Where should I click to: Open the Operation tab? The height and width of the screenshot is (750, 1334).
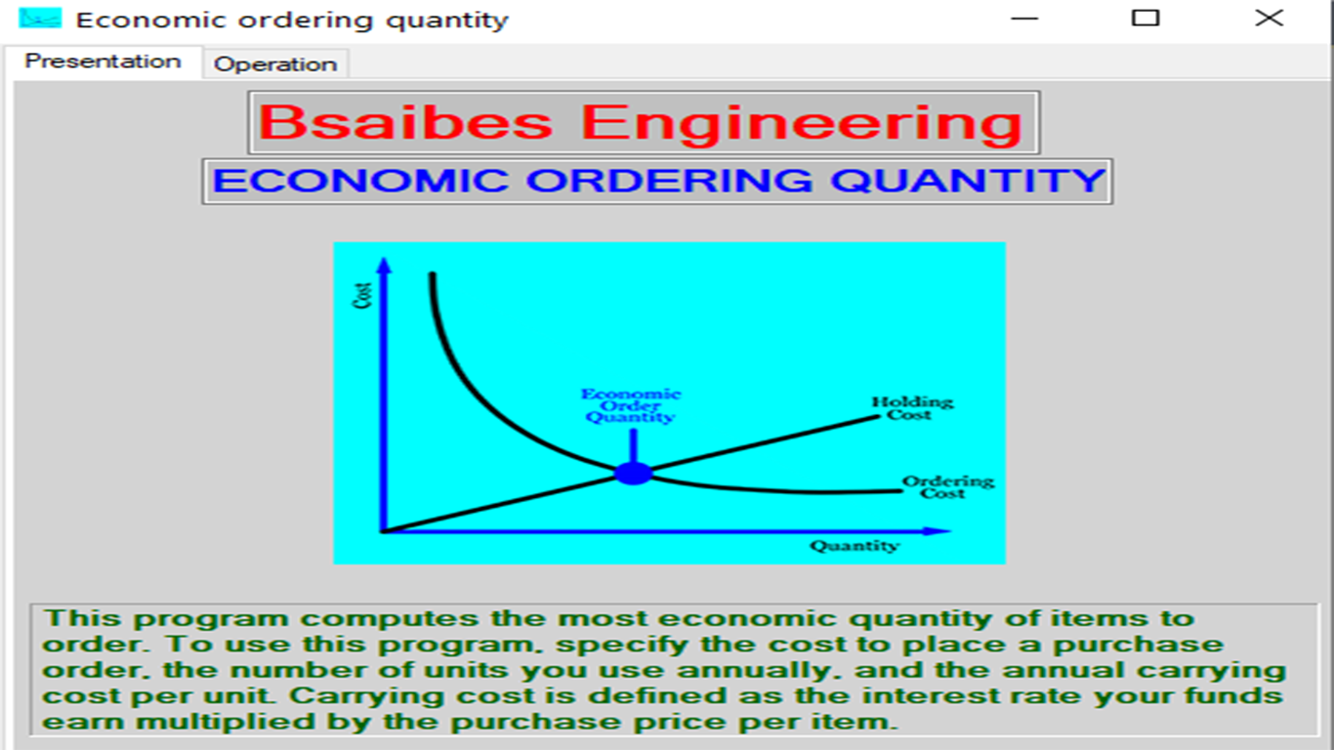(275, 63)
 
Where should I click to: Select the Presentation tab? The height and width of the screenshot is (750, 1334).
(103, 62)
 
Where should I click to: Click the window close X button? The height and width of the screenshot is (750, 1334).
(1270, 18)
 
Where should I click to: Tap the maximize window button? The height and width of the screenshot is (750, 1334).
(1146, 18)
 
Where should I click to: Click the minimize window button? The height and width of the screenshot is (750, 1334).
(1024, 19)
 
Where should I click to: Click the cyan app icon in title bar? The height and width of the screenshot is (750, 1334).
(40, 18)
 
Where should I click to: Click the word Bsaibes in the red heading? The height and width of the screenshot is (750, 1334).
(405, 122)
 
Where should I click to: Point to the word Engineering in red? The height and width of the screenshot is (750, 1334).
(802, 123)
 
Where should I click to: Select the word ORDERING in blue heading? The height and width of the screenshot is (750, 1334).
(669, 181)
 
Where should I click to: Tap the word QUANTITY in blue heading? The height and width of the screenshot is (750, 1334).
(969, 181)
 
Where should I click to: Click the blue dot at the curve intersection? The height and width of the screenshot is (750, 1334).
(633, 474)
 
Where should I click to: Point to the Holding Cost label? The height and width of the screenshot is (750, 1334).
(912, 408)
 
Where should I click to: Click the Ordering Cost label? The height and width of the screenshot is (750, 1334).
(947, 486)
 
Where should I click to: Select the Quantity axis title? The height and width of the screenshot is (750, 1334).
(855, 546)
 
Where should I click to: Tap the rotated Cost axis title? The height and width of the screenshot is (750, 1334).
(362, 296)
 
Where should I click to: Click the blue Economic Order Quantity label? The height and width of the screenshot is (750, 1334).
(631, 405)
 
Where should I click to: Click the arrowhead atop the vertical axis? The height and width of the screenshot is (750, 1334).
(384, 266)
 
